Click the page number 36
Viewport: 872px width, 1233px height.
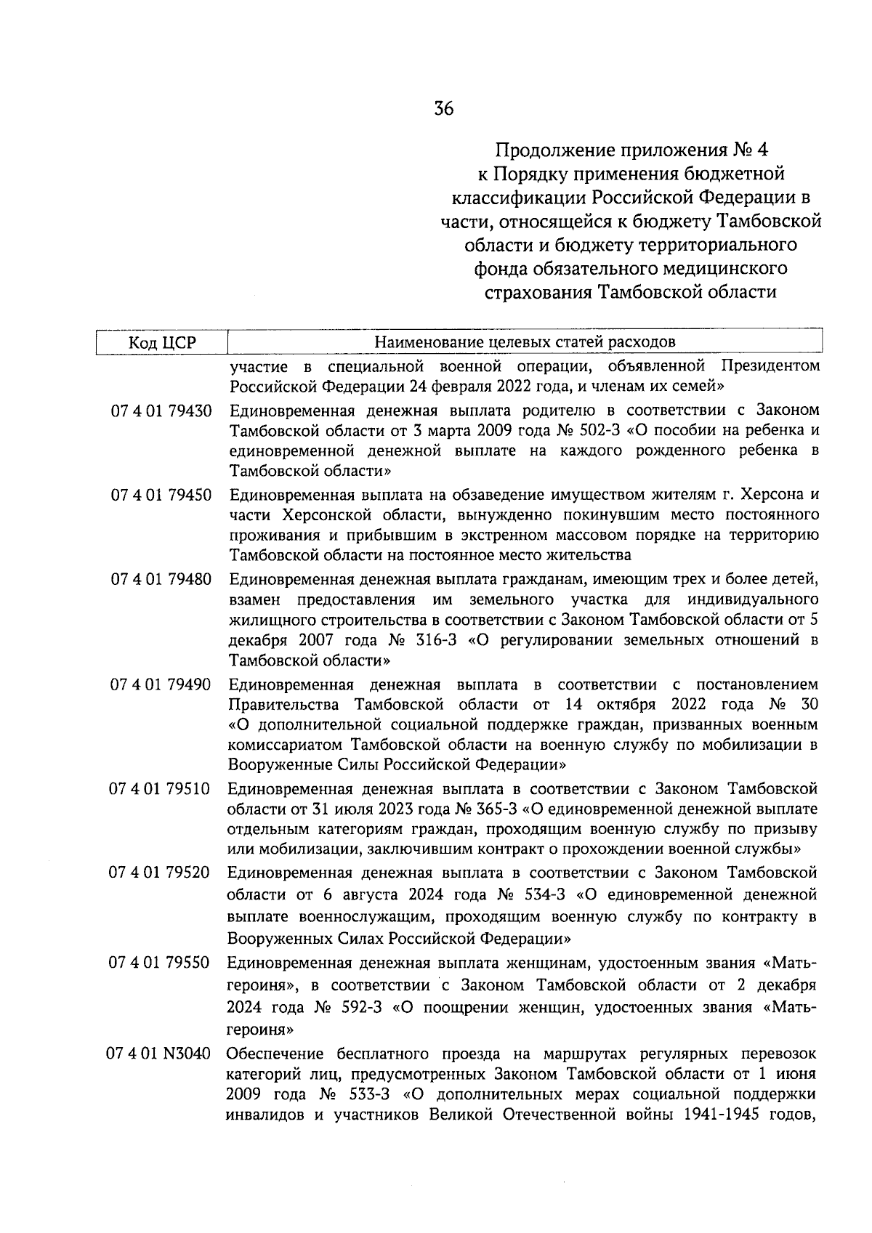(x=443, y=109)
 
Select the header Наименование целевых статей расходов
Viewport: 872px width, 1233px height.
(x=525, y=342)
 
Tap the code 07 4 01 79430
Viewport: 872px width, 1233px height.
(x=161, y=411)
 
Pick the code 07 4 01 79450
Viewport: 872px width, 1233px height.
(x=161, y=496)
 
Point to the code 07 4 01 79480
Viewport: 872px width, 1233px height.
(x=161, y=580)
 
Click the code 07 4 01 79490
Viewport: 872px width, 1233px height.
(x=161, y=684)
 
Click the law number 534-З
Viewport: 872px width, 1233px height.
(x=541, y=893)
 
